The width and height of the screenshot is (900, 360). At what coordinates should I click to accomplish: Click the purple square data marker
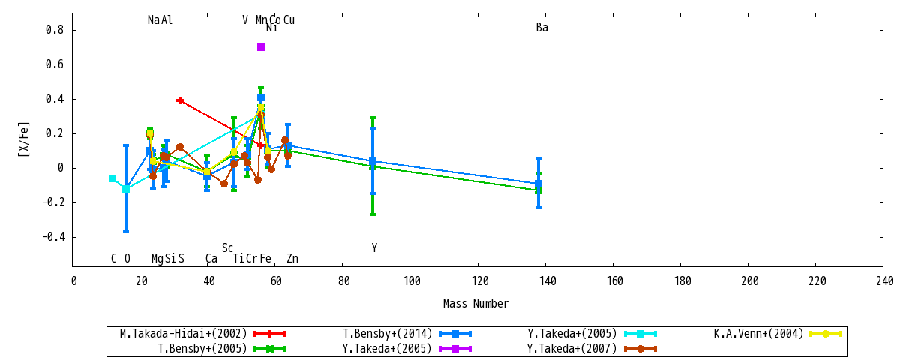(x=261, y=47)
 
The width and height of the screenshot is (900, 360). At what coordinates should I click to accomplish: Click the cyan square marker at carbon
(x=112, y=178)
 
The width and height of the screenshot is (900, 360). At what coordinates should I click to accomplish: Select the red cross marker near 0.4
(x=180, y=100)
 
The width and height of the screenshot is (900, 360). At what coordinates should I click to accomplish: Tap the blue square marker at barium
(x=538, y=184)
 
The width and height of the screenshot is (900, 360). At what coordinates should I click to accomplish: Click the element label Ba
(x=542, y=28)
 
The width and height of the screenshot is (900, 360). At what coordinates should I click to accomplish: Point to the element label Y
(x=374, y=248)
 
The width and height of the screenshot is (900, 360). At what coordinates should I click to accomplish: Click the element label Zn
(x=292, y=258)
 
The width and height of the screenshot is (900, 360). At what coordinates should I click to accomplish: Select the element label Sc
(x=227, y=248)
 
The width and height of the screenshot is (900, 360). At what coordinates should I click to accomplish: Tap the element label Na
(x=154, y=19)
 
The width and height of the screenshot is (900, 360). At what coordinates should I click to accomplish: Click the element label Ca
(x=211, y=258)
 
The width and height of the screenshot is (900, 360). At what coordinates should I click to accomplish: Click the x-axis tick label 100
(x=412, y=280)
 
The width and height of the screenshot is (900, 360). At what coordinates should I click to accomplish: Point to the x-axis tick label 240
(x=885, y=280)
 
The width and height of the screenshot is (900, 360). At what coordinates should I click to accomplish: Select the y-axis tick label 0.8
(x=55, y=30)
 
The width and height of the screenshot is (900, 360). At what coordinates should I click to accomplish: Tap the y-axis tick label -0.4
(x=53, y=237)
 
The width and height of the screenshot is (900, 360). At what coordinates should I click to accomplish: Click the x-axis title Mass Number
(x=475, y=303)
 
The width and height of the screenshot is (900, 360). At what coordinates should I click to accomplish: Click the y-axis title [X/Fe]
(x=24, y=139)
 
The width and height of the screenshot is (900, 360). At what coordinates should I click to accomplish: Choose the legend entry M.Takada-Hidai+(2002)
(x=203, y=334)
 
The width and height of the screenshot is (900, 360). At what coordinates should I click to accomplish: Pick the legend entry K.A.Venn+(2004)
(x=778, y=334)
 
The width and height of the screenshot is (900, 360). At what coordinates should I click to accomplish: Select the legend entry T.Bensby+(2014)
(x=407, y=334)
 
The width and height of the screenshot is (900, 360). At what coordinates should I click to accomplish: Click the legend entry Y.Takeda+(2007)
(x=592, y=348)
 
